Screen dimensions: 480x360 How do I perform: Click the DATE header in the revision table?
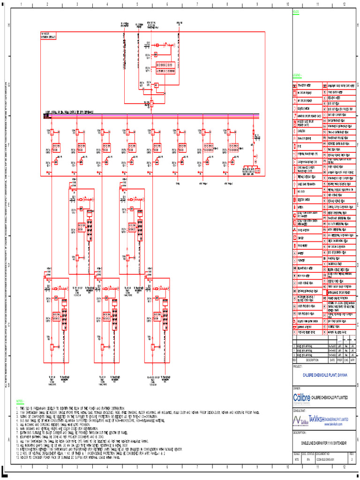point(332,360)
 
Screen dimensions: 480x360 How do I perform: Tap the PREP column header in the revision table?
point(339,360)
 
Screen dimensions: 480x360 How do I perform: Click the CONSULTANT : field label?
point(300,410)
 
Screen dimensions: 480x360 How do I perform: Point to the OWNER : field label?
point(297,388)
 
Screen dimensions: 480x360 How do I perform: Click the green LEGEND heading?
point(298,75)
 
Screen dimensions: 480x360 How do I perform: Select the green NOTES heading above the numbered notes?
point(20,401)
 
